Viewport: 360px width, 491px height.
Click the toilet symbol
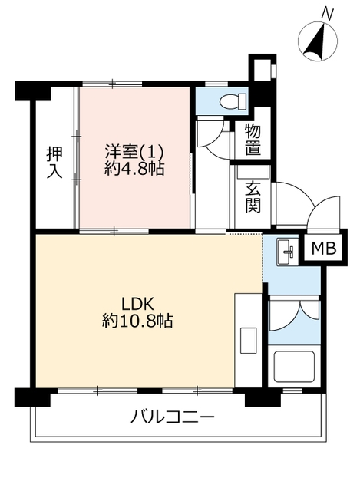(x=233, y=101)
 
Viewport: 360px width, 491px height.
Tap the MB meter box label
(x=324, y=248)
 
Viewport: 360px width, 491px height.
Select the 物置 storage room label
(x=253, y=140)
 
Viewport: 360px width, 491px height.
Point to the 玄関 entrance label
(x=253, y=197)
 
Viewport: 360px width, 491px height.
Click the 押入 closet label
(x=54, y=162)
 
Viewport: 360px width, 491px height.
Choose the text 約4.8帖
(x=134, y=170)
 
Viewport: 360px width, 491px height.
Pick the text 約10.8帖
(x=137, y=321)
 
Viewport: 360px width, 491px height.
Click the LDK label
(x=137, y=304)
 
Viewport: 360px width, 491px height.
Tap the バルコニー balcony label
(x=173, y=417)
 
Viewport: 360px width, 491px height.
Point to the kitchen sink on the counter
(x=249, y=342)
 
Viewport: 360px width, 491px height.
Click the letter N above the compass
(x=328, y=15)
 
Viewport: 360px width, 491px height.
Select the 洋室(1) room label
(x=134, y=152)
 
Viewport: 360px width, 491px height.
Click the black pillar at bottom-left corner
(x=32, y=397)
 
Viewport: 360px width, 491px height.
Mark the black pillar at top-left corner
(x=33, y=91)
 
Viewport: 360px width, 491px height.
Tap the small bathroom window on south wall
(x=292, y=390)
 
